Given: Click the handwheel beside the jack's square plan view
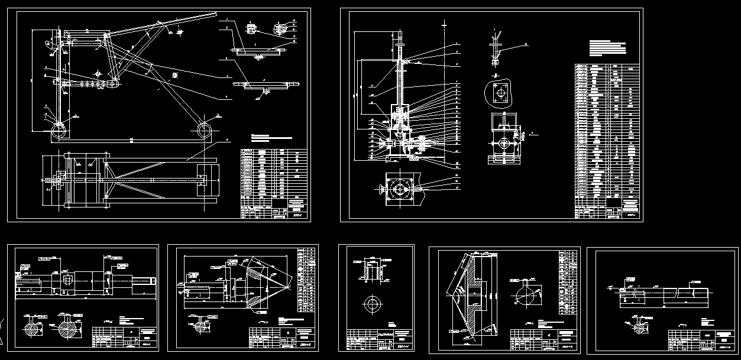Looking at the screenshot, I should (x=380, y=189).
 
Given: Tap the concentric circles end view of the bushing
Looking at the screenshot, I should (x=373, y=304).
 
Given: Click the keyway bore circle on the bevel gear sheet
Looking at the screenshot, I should (x=527, y=294).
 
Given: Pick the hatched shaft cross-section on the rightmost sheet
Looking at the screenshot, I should (x=637, y=327).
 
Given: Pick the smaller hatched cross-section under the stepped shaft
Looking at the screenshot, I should (x=30, y=327).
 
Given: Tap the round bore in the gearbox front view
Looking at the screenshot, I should (x=503, y=144).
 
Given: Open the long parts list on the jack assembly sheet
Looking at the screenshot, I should (x=607, y=140).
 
